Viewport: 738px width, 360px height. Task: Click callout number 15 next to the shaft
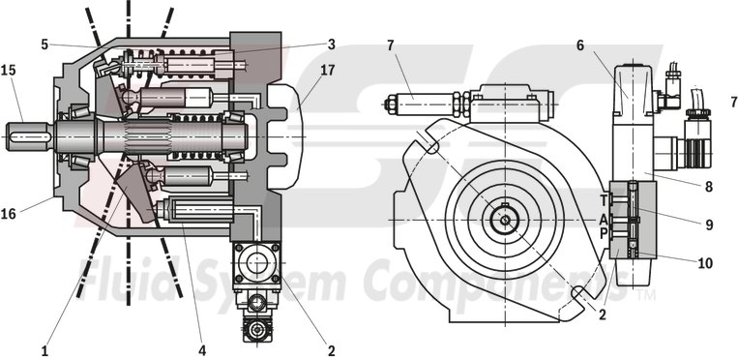[9, 72]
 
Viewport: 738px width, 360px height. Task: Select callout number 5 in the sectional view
[44, 43]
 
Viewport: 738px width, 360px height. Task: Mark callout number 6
[581, 45]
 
